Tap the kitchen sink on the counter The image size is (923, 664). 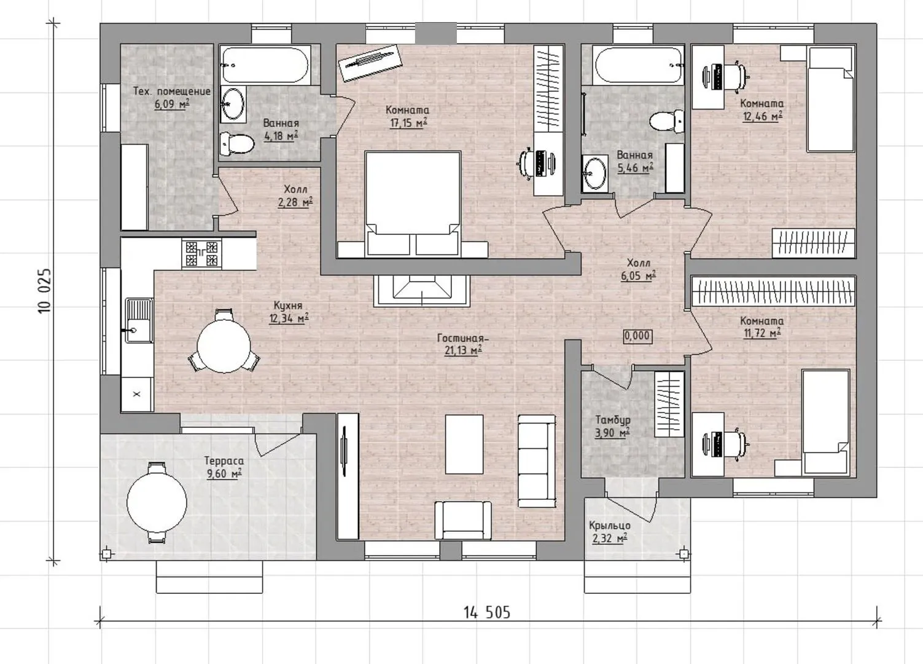[139, 321]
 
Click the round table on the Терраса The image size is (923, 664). [157, 502]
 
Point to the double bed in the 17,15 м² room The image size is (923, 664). [413, 204]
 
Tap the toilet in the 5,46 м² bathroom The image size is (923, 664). [667, 122]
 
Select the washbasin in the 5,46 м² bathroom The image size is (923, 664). [594, 173]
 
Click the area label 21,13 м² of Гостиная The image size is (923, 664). [464, 350]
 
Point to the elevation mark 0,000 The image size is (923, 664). [637, 336]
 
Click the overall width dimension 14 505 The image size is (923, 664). [487, 612]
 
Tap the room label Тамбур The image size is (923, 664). [613, 421]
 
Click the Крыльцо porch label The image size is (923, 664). [609, 526]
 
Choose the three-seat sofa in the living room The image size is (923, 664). [537, 461]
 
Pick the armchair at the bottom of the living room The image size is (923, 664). [463, 520]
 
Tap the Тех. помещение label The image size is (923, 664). [172, 92]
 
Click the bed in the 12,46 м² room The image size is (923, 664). [830, 100]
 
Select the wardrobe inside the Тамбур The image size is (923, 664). [669, 404]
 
